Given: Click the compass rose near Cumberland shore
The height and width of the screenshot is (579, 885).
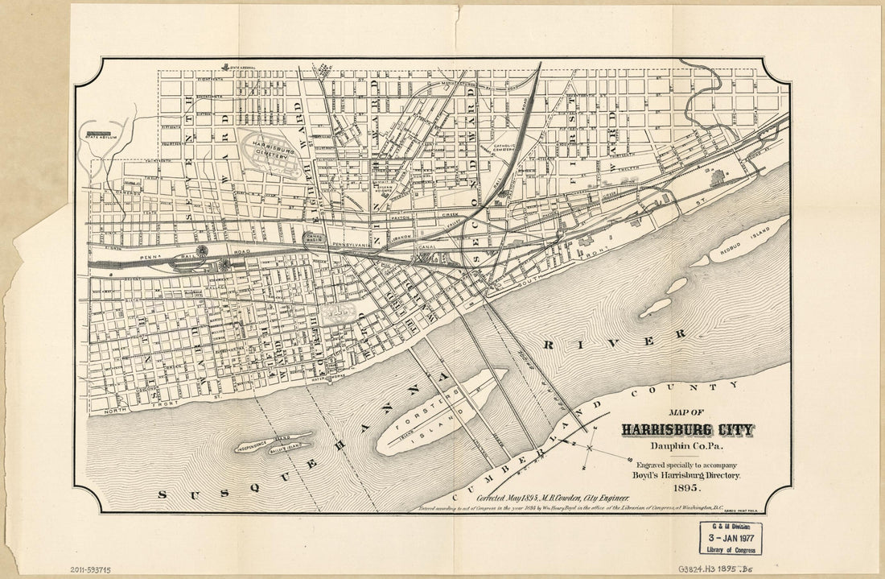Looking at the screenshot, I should pos(590,447).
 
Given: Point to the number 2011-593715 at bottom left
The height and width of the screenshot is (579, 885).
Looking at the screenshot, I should pos(90,569).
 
